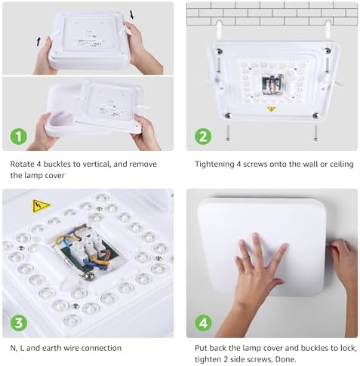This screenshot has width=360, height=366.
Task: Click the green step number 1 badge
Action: coord(18,137)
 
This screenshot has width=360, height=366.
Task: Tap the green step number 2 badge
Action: coord(203,137)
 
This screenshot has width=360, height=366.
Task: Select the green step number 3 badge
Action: coord(19,323)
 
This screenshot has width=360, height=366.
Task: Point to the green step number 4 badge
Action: coord(203,323)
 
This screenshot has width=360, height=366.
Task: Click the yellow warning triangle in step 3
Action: coord(40,205)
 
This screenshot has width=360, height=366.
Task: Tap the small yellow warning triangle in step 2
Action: coord(271,109)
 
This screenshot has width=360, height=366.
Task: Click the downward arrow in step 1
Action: coord(132,14)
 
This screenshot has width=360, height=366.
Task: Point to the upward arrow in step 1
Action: coord(38,42)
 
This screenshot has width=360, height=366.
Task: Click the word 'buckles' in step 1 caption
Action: coord(57,165)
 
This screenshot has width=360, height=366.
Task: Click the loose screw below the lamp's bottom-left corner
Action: coord(228,133)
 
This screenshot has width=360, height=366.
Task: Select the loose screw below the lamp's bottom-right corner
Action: coord(315,134)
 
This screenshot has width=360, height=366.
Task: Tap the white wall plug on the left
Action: coord(219,29)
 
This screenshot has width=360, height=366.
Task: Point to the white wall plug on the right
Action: coord(328,29)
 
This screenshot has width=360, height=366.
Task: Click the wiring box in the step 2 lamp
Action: coord(273,85)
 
